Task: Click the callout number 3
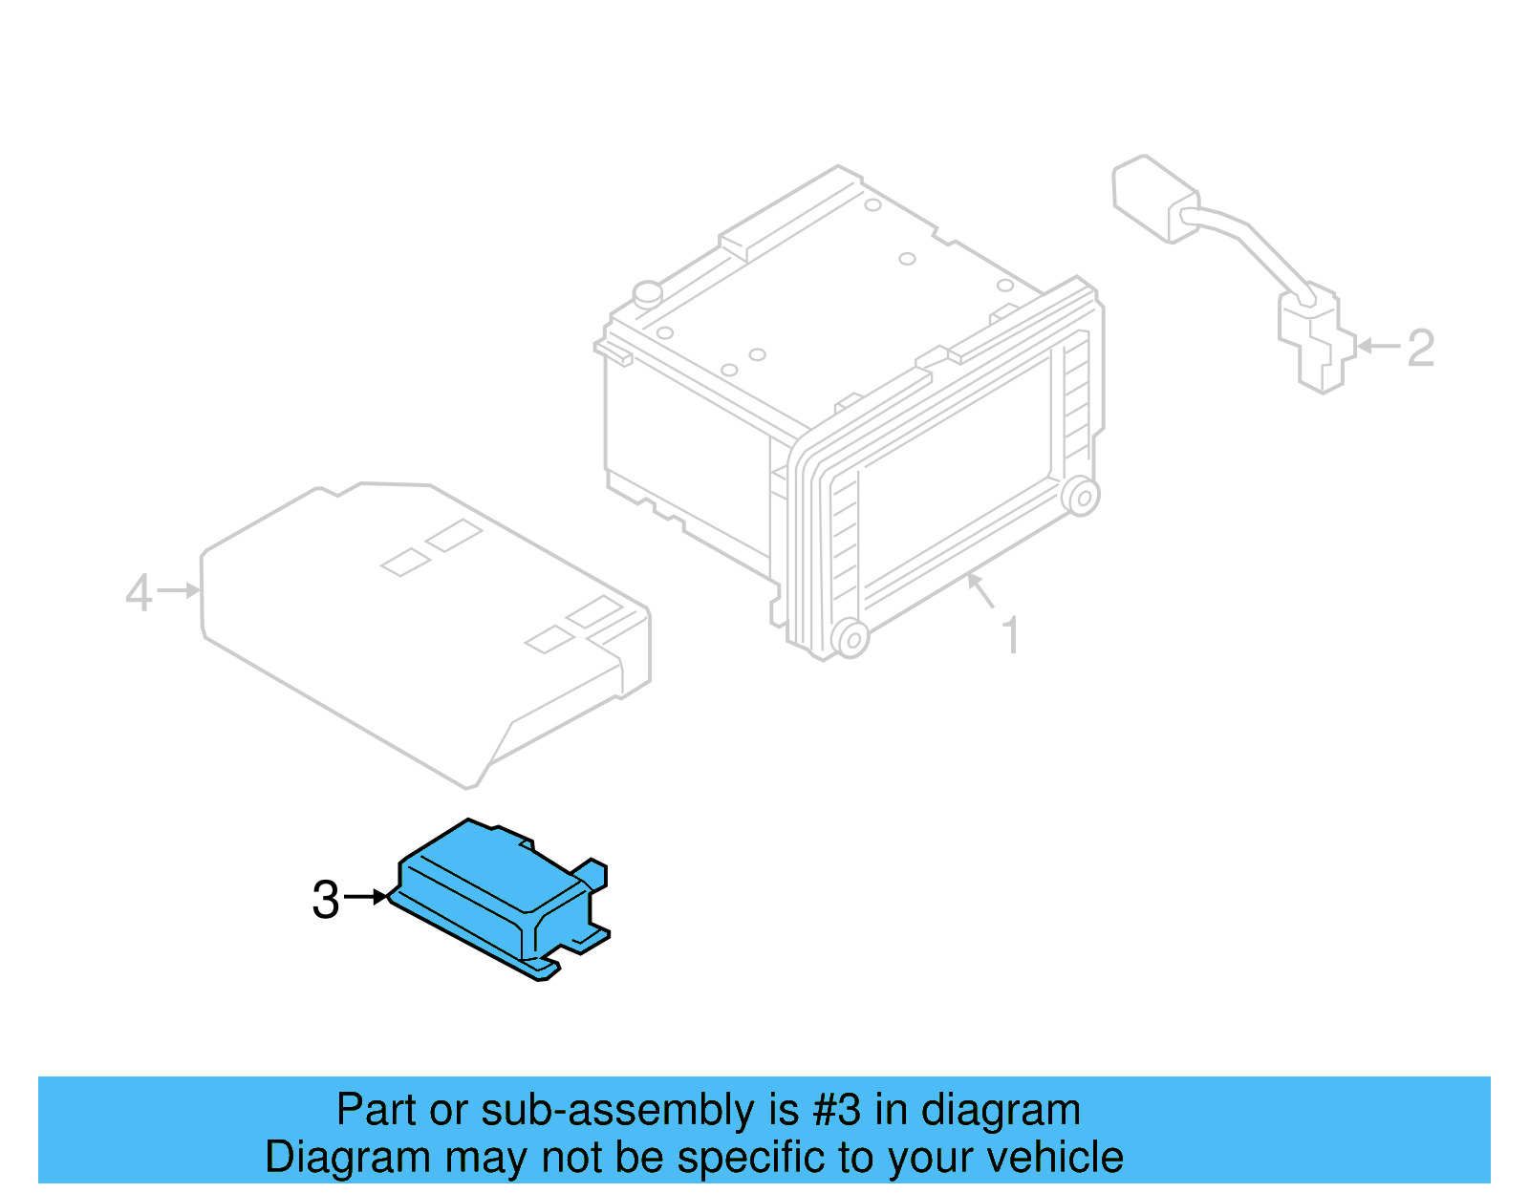click(326, 900)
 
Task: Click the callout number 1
click(1010, 635)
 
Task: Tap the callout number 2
click(1420, 348)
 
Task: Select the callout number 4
click(139, 592)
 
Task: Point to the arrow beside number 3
click(365, 897)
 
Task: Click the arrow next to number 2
click(1378, 346)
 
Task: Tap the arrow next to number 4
click(179, 591)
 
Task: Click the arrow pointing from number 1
click(980, 589)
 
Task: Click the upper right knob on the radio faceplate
click(1081, 496)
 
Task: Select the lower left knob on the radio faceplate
click(850, 637)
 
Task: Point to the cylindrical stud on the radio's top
click(648, 292)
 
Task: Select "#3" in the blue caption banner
click(836, 1110)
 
